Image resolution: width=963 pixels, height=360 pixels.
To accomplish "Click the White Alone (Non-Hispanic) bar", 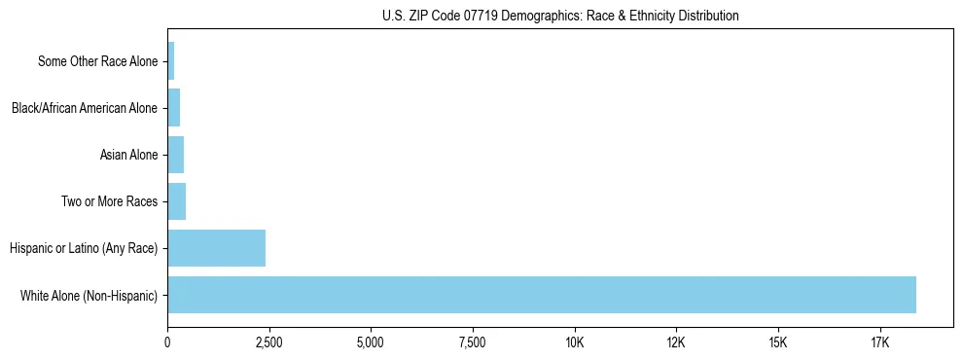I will pyautogui.click(x=541, y=295).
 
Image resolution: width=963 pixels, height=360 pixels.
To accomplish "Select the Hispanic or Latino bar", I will pyautogui.click(x=216, y=248).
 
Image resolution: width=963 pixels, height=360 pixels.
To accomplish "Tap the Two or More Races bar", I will pyautogui.click(x=176, y=201).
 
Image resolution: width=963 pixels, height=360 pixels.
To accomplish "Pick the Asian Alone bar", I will pyautogui.click(x=175, y=155).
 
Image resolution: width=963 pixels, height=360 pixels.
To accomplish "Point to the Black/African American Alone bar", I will pyautogui.click(x=173, y=108).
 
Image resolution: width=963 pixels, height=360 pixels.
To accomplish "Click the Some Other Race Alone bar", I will pyautogui.click(x=170, y=61).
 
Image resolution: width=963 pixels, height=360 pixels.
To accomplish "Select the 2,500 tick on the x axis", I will pyautogui.click(x=268, y=342).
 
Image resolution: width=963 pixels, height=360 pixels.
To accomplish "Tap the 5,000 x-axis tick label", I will pyautogui.click(x=371, y=342).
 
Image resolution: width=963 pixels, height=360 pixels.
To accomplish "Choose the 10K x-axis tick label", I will pyautogui.click(x=574, y=342).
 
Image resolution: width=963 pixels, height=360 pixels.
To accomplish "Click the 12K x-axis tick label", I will pyautogui.click(x=676, y=342).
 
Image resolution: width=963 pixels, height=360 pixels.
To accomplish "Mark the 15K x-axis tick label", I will pyautogui.click(x=777, y=342).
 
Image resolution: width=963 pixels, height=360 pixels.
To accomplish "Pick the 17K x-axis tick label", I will pyautogui.click(x=879, y=342).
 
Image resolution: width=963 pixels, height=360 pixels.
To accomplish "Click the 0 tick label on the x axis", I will pyautogui.click(x=167, y=342).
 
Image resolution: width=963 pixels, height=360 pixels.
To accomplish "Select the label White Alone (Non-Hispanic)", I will pyautogui.click(x=89, y=295).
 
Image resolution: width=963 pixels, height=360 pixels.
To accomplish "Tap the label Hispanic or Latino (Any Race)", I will pyautogui.click(x=84, y=248).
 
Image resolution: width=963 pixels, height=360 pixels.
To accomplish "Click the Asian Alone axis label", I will pyautogui.click(x=128, y=155).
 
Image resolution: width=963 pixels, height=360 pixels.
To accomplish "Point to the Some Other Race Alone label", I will pyautogui.click(x=97, y=61).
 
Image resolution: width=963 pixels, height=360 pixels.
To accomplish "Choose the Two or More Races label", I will pyautogui.click(x=109, y=201).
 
